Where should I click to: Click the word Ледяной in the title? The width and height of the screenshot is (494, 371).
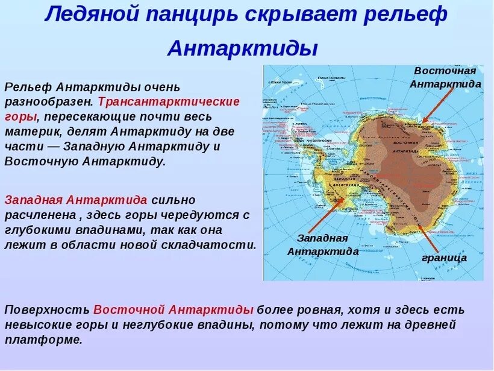coord(89,14)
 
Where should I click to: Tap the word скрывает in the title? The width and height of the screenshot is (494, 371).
coord(292,14)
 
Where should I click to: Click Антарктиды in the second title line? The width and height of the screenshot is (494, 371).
coord(242,48)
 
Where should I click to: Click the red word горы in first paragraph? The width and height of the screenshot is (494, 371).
coord(20,116)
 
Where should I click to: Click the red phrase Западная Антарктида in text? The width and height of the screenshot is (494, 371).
coord(76,200)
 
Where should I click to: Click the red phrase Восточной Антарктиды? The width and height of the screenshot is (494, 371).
coord(174,309)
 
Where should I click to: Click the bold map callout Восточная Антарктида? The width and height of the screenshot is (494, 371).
coord(445,77)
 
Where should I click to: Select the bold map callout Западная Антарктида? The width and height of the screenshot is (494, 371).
coord(322,244)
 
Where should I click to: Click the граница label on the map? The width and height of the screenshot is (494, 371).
coord(444,258)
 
